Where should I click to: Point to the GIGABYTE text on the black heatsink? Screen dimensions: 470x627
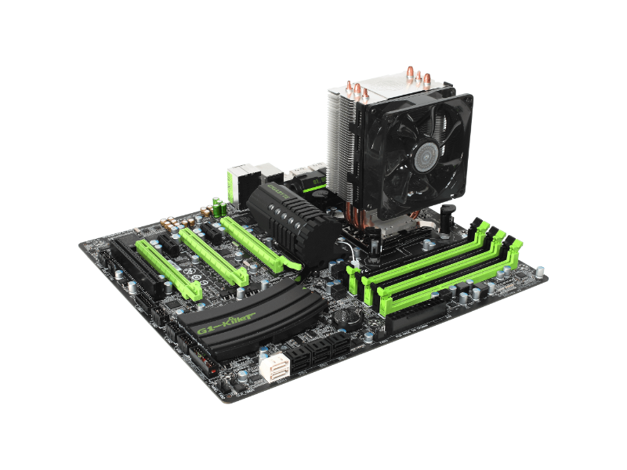tap(272, 188)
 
